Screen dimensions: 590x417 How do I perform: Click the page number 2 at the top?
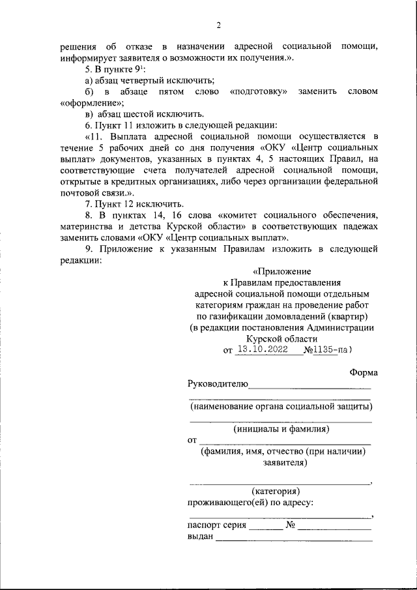pyautogui.click(x=219, y=25)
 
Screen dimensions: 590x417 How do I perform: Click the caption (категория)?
pyautogui.click(x=276, y=490)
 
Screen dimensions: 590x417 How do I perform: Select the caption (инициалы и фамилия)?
pyautogui.click(x=281, y=429)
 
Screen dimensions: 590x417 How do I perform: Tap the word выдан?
pyautogui.click(x=200, y=537)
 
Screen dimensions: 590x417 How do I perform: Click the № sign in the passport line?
pyautogui.click(x=291, y=525)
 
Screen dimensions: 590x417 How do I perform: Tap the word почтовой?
pyautogui.click(x=81, y=194)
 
